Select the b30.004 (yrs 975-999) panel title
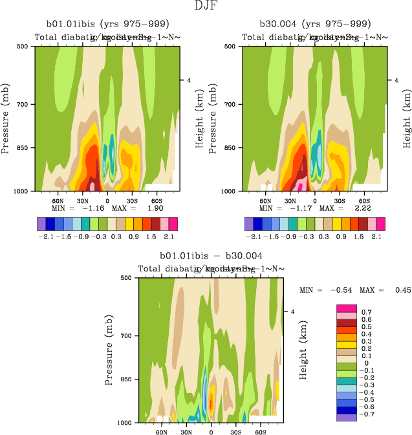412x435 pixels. [315, 25]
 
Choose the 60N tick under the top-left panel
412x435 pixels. [57, 200]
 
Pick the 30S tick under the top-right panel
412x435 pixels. [340, 200]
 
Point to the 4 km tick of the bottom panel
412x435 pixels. [292, 312]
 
